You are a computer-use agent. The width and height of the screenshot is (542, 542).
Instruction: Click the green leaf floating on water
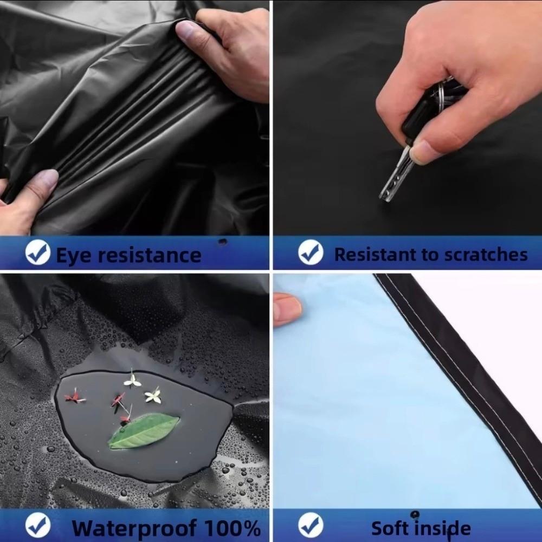[x=144, y=431]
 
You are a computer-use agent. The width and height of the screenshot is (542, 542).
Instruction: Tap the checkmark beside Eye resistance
[x=38, y=253]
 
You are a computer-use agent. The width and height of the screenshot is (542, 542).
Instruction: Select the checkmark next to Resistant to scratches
[x=311, y=253]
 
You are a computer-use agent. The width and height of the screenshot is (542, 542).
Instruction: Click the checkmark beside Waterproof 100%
[x=38, y=525]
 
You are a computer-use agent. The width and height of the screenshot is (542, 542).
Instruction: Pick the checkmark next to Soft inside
[x=311, y=525]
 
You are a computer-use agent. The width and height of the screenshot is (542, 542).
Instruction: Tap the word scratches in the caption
[x=486, y=255]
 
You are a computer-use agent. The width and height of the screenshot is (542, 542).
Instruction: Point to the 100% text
[x=232, y=528]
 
